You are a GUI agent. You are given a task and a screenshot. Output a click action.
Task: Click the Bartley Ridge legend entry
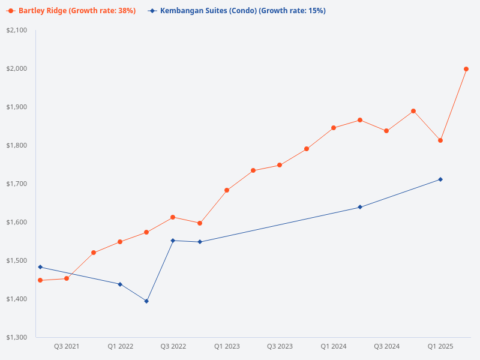(x=73, y=11)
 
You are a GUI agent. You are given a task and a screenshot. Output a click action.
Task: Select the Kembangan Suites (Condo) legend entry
(x=237, y=11)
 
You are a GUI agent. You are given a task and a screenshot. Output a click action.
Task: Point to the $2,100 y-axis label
(x=16, y=30)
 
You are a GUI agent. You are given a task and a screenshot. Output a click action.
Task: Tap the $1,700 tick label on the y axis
(x=16, y=184)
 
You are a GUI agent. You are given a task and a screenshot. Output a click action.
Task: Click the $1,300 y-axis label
(x=16, y=337)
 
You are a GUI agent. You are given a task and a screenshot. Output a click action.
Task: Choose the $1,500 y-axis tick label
(x=16, y=260)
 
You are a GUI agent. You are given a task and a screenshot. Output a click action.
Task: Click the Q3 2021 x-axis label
(x=67, y=347)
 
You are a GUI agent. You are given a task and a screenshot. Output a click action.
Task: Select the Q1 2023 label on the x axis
(x=227, y=347)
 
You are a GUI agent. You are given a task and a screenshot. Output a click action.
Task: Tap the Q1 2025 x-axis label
(x=440, y=347)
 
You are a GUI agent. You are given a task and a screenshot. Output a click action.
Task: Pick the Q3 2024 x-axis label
(x=387, y=347)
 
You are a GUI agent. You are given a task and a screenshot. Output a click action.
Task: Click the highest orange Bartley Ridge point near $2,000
(x=466, y=69)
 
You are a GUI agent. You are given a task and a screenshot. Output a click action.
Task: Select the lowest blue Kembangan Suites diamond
(x=146, y=301)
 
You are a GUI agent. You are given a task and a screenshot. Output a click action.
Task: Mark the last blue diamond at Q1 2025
(x=440, y=179)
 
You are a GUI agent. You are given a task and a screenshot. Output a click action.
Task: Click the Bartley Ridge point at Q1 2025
(x=440, y=140)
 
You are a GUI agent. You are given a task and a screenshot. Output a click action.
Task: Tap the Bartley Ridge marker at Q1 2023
(x=227, y=190)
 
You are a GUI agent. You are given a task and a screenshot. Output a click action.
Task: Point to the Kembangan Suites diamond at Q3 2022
(x=173, y=241)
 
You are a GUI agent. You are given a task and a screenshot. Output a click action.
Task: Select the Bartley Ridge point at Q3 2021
(x=67, y=278)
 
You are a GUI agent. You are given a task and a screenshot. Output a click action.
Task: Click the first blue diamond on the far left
(x=40, y=267)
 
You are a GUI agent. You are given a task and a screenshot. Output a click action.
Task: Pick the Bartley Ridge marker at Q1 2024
(x=334, y=128)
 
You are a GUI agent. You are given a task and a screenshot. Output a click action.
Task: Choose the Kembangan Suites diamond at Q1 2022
(x=120, y=284)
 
